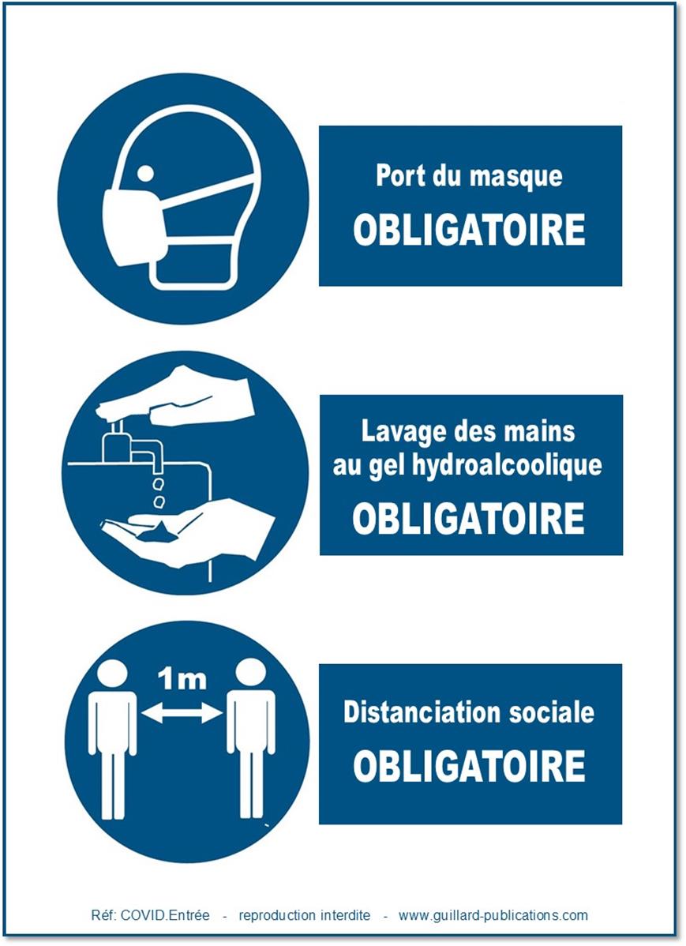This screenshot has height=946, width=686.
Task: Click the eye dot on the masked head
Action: [x=145, y=174]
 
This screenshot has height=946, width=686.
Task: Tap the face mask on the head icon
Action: [x=134, y=226]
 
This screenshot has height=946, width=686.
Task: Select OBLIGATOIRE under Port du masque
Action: [x=470, y=230]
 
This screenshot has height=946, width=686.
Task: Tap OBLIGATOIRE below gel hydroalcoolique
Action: [x=469, y=518]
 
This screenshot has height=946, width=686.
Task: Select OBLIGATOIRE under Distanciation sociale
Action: [x=470, y=766]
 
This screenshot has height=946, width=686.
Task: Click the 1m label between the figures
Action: [x=182, y=679]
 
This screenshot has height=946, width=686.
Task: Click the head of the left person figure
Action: [x=113, y=674]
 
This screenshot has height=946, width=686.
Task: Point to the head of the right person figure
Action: [x=250, y=674]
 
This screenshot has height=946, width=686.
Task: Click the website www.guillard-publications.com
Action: [x=493, y=915]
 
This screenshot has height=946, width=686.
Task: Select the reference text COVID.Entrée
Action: [x=165, y=915]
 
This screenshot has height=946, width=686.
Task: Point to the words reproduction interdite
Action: [x=305, y=915]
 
